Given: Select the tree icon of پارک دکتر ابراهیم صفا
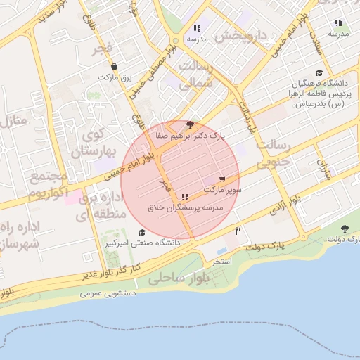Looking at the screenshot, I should [x=190, y=125].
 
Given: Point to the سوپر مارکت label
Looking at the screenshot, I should [x=224, y=190].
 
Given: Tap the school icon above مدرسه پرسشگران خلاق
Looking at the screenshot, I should [x=185, y=198].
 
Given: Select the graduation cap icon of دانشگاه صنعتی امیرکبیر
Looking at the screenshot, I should [x=141, y=233].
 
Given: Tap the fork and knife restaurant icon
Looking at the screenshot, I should [x=239, y=231].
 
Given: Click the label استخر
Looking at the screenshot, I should [x=222, y=262].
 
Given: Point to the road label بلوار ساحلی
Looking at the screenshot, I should [x=175, y=279].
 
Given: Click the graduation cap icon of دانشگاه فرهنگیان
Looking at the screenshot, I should [x=319, y=72].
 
